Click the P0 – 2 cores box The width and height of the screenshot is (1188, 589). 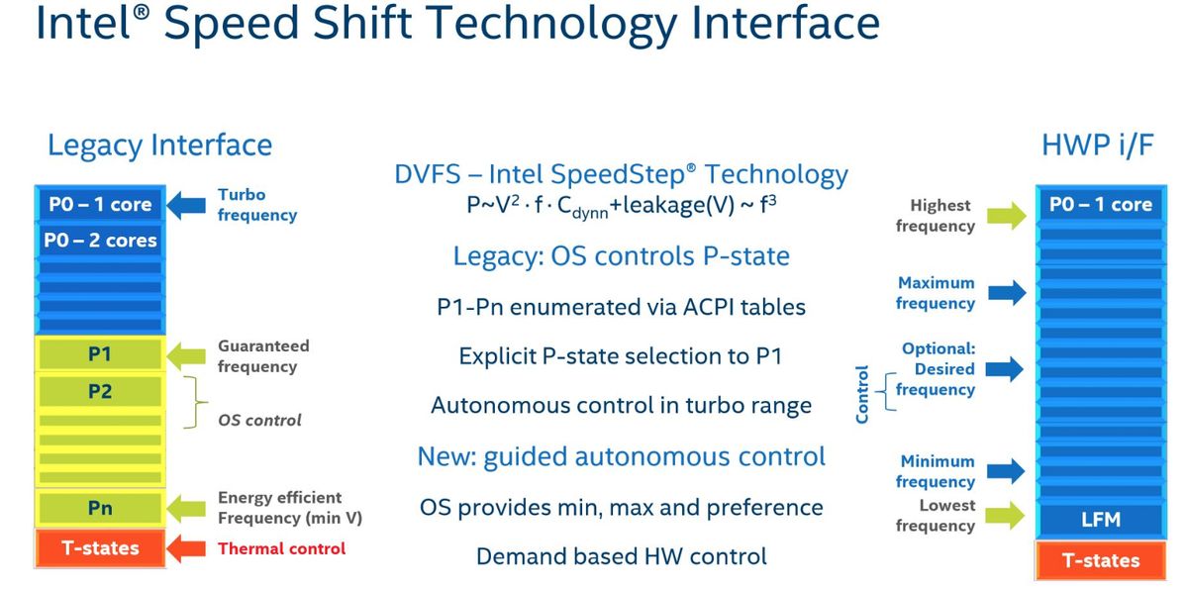pyautogui.click(x=100, y=241)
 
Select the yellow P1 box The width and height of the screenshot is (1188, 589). pyautogui.click(x=100, y=353)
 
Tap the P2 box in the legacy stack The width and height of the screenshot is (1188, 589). pyautogui.click(x=100, y=391)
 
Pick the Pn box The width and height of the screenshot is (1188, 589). pyautogui.click(x=100, y=508)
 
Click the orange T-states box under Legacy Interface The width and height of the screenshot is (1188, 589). pyautogui.click(x=100, y=548)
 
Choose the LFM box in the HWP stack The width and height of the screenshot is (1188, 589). pyautogui.click(x=1101, y=520)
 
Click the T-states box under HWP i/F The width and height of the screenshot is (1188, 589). pyautogui.click(x=1101, y=560)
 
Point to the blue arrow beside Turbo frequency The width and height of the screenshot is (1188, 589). pyautogui.click(x=186, y=205)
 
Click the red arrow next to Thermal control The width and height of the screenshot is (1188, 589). pyautogui.click(x=186, y=548)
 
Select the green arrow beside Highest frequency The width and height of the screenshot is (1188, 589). pyautogui.click(x=1006, y=215)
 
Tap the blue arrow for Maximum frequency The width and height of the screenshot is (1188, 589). pyautogui.click(x=1006, y=293)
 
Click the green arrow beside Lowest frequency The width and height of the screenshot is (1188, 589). pyautogui.click(x=1005, y=516)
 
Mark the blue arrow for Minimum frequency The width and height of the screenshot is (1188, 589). pyautogui.click(x=1005, y=471)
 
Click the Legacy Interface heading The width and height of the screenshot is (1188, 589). pyautogui.click(x=159, y=146)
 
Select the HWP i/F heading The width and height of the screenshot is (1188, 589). pyautogui.click(x=1097, y=145)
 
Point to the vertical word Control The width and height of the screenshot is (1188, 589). pyautogui.click(x=862, y=394)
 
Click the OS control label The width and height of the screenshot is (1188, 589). pyautogui.click(x=259, y=421)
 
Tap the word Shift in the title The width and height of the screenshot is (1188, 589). pyautogui.click(x=361, y=24)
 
